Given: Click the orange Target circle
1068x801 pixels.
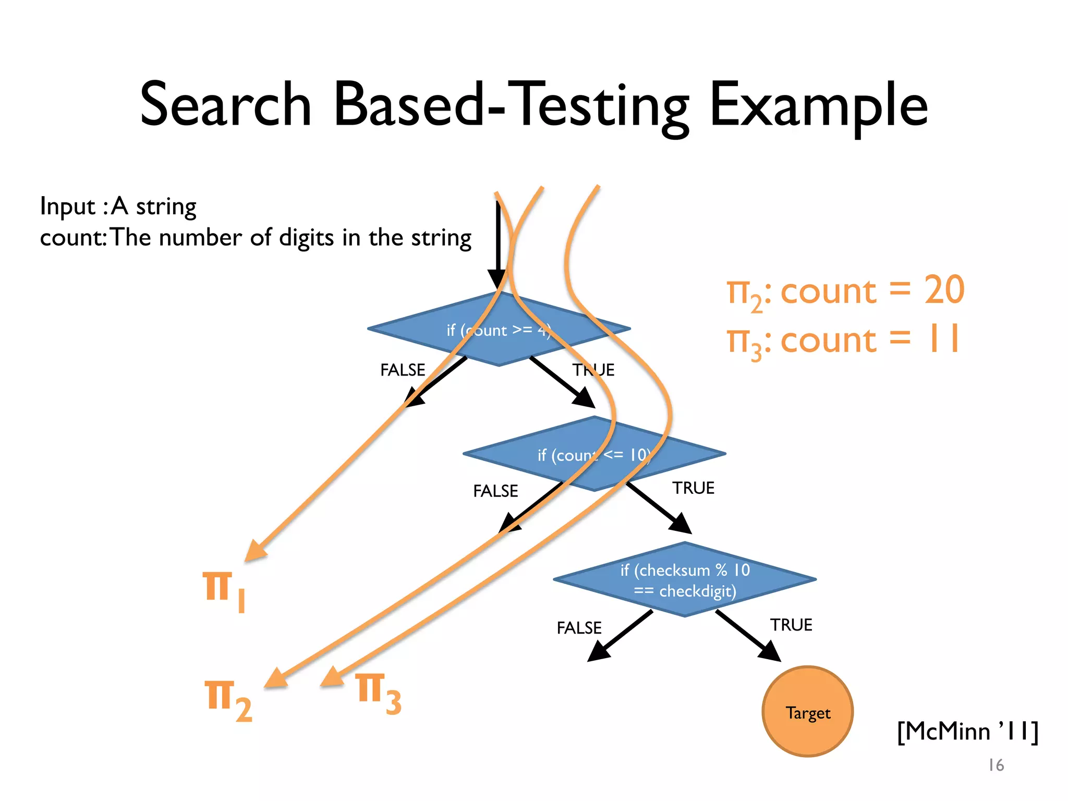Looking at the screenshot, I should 807,711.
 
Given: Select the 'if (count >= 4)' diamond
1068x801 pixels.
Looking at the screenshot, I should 499,330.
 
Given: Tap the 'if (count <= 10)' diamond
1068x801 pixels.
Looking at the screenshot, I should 594,454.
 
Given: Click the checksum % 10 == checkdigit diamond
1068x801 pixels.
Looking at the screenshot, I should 685,580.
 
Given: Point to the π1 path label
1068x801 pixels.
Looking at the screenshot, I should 223,591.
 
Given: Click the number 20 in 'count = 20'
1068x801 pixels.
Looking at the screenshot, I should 944,290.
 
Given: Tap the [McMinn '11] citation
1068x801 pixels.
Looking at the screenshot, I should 967,731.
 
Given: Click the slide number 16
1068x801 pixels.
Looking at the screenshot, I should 996,765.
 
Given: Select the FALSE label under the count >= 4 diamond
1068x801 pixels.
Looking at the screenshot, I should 403,370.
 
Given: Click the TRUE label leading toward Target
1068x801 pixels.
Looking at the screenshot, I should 791,625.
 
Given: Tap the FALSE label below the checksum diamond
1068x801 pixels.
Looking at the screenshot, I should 579,628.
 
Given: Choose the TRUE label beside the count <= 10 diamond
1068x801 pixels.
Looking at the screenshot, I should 693,488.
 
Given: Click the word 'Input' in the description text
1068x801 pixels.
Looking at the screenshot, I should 67,207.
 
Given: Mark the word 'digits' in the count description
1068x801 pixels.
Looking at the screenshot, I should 306,238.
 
